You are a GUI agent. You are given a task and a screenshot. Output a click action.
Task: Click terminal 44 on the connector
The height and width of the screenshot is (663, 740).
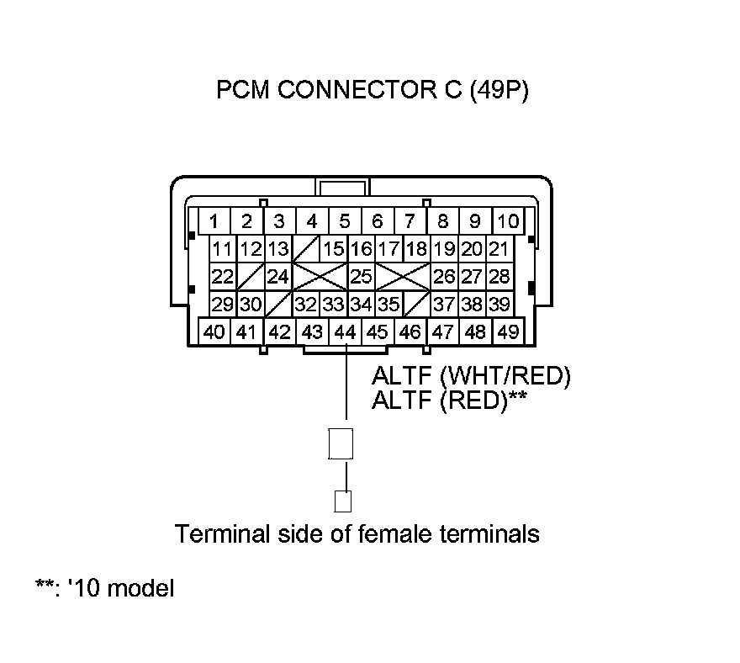[345, 331]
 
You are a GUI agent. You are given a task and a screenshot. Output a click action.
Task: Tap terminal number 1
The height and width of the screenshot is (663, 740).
[214, 221]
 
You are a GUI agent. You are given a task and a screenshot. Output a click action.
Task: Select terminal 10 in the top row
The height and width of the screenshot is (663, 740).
[507, 221]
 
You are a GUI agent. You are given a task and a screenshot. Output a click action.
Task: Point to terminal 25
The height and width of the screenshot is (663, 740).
[361, 276]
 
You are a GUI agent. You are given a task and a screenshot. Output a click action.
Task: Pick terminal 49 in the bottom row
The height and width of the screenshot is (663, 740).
[507, 331]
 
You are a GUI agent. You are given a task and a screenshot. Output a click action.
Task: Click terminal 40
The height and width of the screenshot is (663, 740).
[214, 331]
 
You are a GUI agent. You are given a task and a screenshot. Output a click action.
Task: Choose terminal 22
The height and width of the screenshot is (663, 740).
[222, 276]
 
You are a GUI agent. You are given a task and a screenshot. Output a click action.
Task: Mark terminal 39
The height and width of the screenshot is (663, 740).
[499, 304]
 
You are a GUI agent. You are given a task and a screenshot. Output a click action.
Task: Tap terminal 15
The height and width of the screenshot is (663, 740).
[334, 249]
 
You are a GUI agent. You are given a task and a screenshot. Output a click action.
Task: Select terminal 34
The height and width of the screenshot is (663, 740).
[361, 304]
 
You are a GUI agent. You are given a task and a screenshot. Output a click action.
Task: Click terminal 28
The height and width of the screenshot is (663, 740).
[499, 276]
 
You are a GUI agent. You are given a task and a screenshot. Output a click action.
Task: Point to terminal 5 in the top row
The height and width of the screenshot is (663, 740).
[345, 221]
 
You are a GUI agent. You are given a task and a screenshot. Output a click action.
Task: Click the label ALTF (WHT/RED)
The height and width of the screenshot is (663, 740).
[471, 376]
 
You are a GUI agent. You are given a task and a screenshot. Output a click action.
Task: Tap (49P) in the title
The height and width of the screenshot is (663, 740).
[499, 91]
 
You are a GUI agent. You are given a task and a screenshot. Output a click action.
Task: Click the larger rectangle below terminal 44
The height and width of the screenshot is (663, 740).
[341, 443]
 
